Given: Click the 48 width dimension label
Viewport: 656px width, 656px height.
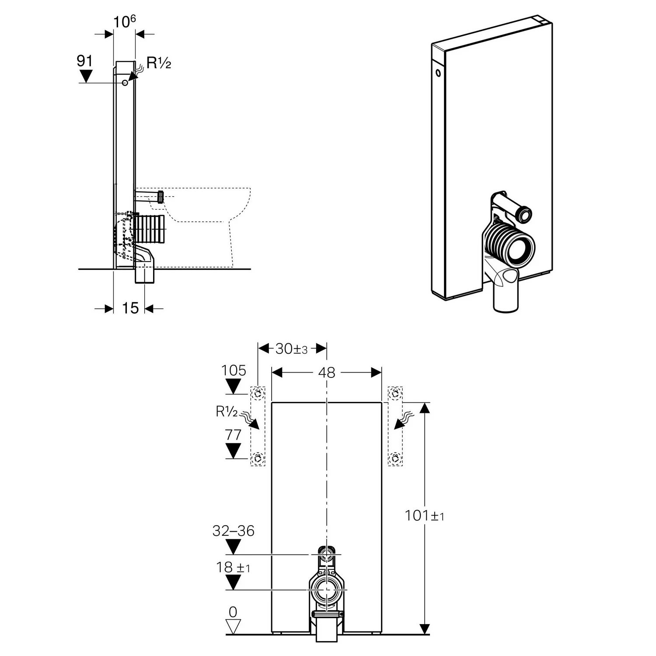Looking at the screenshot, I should tap(327, 373).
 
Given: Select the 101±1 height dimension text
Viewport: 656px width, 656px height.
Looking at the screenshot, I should tap(424, 516).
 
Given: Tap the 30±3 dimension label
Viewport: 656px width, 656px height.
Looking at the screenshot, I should tap(292, 349).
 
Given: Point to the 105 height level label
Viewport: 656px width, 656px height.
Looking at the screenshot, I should tap(234, 370).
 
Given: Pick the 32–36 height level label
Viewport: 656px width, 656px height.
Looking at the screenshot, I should tap(233, 530).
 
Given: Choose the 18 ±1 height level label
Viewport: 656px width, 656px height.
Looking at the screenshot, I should tap(233, 567).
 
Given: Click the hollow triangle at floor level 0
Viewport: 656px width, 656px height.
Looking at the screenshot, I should tap(233, 626).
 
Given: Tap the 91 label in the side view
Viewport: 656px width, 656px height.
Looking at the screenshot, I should tap(84, 61).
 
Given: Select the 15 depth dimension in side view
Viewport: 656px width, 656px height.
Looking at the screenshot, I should tap(130, 308).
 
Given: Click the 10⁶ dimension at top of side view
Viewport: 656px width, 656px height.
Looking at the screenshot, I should tap(125, 21).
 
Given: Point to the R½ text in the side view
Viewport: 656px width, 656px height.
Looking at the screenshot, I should tap(158, 63).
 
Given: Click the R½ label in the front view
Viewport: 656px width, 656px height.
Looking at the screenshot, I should tap(227, 412).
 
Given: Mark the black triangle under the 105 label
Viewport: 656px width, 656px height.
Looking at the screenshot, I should tap(233, 386).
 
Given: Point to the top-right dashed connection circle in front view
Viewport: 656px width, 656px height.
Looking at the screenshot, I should tap(395, 394).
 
